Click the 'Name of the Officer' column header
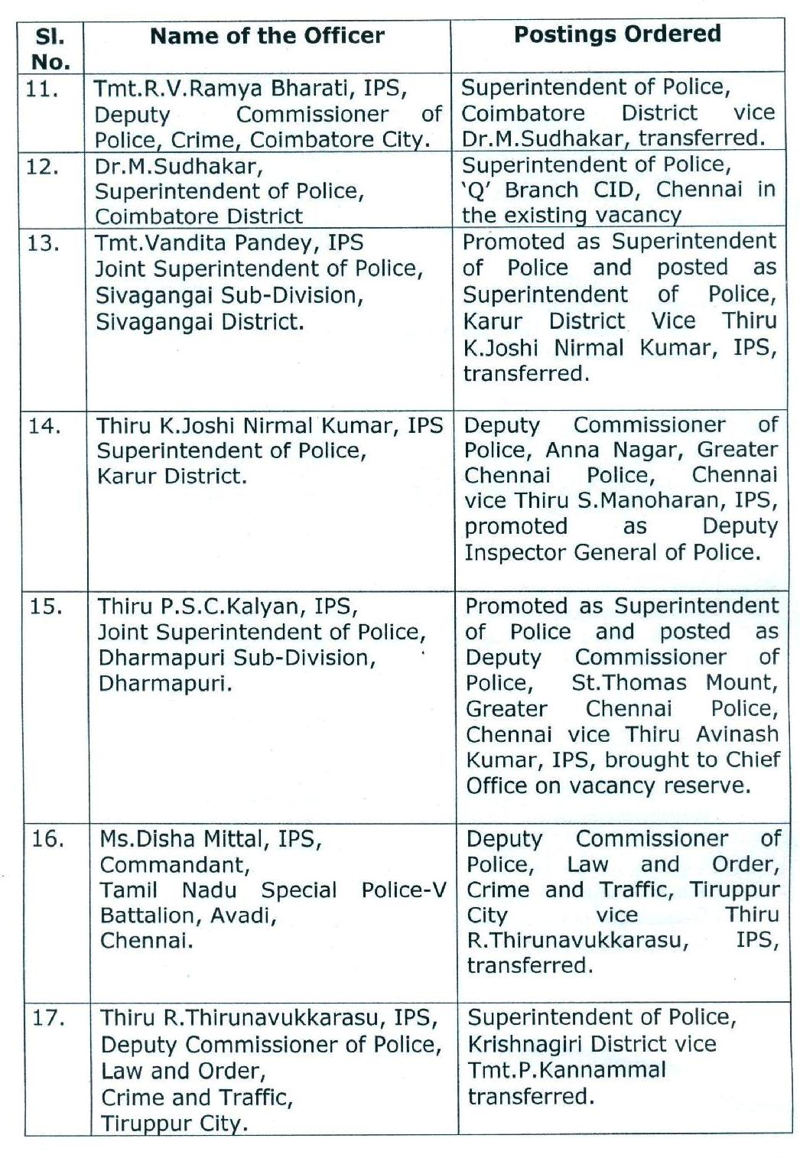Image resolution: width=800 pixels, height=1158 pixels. point(267,36)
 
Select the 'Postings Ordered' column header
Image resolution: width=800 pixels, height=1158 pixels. point(617,34)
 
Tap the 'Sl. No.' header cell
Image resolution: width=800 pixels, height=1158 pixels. point(51,48)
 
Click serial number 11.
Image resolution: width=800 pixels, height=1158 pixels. point(42,89)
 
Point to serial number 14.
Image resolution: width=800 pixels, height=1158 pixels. point(44,425)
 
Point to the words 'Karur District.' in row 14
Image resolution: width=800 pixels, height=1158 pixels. point(172,477)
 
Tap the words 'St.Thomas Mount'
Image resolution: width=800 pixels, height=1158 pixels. point(674,682)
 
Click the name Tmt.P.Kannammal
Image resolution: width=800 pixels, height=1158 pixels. point(567,1070)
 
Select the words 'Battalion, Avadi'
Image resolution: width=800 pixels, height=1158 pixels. point(187,916)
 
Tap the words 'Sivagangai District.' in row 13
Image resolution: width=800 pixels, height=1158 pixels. point(199,321)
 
